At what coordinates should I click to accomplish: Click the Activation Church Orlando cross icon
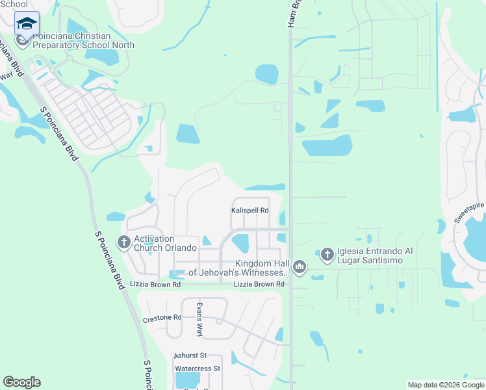point(123,243)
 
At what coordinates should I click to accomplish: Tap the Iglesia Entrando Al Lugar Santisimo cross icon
point(327,254)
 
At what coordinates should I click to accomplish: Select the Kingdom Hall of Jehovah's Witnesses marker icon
point(299,266)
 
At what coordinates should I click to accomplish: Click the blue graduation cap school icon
point(27,24)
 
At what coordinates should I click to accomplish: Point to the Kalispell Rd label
point(250,211)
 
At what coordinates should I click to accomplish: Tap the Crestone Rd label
point(162,318)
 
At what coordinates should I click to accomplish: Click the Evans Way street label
point(200,318)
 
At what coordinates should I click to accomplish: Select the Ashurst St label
point(190,356)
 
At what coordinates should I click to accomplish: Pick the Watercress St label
point(198,369)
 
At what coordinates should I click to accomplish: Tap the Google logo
point(21,382)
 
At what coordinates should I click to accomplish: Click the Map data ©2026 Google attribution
point(446,385)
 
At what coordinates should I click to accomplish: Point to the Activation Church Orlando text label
point(165,243)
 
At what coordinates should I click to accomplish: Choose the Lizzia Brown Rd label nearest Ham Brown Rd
point(259,285)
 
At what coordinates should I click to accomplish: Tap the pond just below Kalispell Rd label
point(240,243)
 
